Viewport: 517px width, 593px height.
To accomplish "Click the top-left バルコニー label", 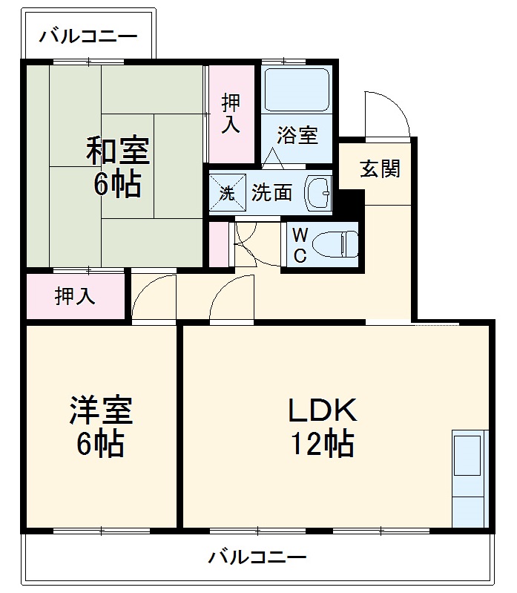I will pos(88,36).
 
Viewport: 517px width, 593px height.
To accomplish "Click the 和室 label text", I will pos(117,151).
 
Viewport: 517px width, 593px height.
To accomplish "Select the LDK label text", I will pos(323,410).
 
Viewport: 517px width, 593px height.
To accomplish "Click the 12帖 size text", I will pos(322,445).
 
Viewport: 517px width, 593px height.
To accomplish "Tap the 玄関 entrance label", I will pos(380,169).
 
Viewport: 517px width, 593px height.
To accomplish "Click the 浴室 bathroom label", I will pos(297,136).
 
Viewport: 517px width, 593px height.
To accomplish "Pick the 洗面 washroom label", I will pos(271,193).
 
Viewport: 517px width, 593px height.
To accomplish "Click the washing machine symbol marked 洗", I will pos(226,193).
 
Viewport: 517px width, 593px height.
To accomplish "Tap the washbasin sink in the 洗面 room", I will pos(320,193).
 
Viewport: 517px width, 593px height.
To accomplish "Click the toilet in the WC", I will pos(334,243).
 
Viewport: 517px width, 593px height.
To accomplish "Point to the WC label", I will pos(299,246).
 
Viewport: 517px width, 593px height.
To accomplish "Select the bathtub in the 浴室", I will pos(297,90).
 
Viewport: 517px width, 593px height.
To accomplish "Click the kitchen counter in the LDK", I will pos(470,478).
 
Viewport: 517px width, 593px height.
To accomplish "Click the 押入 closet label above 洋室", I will pos(75,297).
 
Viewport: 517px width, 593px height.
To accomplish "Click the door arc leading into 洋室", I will pos(153,298).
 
